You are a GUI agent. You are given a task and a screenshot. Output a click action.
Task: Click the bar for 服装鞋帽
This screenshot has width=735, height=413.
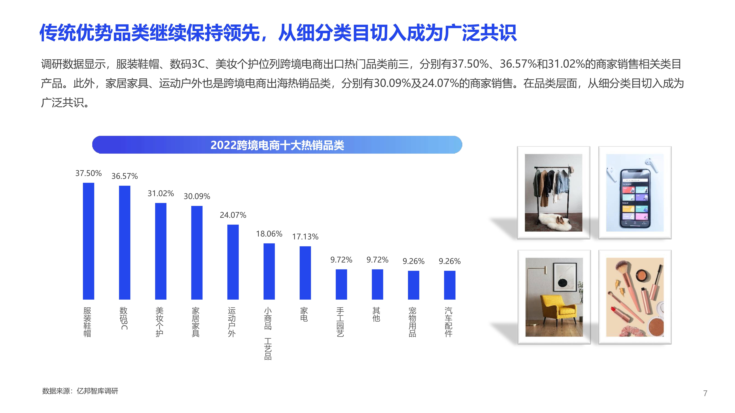point(88,241)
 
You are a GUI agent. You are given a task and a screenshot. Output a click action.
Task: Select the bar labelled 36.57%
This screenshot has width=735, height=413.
point(125,243)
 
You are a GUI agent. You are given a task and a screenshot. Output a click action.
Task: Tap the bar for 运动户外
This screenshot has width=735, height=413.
point(233,262)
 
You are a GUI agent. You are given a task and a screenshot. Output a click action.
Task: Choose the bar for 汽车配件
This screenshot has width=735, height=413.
point(450,285)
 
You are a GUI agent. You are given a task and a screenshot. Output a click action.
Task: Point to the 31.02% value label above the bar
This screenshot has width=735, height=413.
point(161,193)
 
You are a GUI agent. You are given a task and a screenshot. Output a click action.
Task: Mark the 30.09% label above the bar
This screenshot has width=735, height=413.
point(197,196)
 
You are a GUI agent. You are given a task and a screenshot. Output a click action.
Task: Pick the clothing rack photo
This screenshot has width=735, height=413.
point(554,193)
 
